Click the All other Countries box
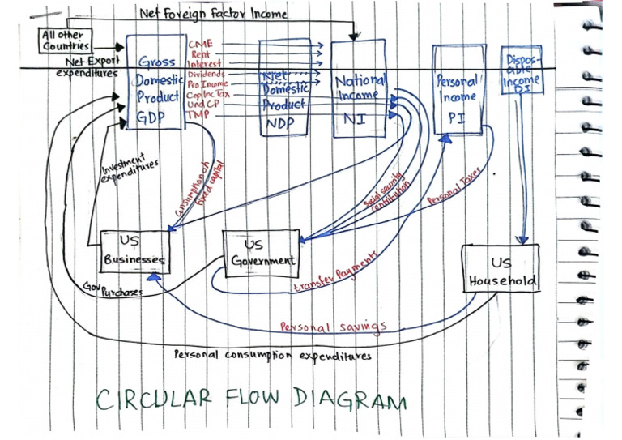(x=66, y=40)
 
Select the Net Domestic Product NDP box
(x=284, y=91)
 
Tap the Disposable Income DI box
(x=521, y=72)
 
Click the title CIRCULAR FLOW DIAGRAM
(x=251, y=399)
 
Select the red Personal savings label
(x=333, y=327)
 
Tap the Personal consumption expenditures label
(x=273, y=355)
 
